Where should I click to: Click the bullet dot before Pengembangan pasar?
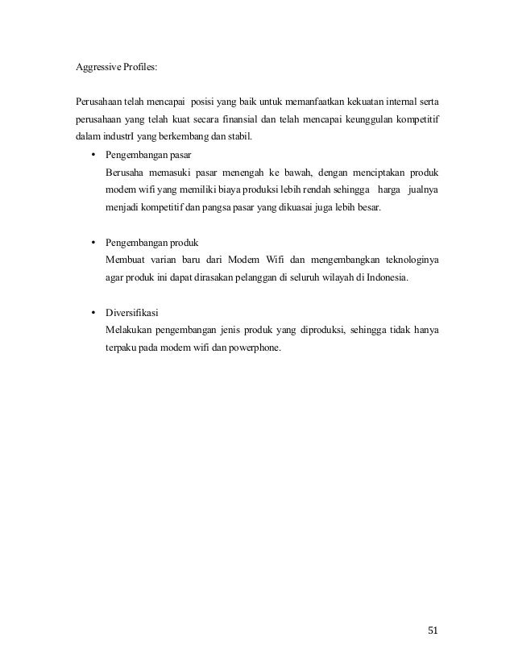(93, 155)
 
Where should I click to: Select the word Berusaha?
(126, 173)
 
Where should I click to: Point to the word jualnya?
(425, 190)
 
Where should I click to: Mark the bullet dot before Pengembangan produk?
(93, 243)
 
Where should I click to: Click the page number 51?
(433, 631)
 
